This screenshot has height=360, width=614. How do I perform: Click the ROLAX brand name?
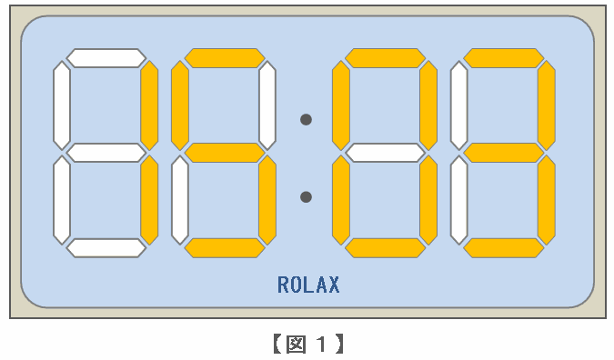308,285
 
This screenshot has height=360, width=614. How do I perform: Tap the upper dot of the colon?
306,119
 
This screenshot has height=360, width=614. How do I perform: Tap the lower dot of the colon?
306,197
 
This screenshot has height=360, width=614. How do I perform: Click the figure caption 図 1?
308,344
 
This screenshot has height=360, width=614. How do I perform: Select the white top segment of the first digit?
106,58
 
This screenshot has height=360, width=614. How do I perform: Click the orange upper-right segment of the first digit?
149,105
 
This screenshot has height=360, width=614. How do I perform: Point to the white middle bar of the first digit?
106,153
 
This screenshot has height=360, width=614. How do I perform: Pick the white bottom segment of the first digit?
106,248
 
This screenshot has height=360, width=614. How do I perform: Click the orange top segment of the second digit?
225,58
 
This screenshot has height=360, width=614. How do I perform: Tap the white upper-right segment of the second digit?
267,105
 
